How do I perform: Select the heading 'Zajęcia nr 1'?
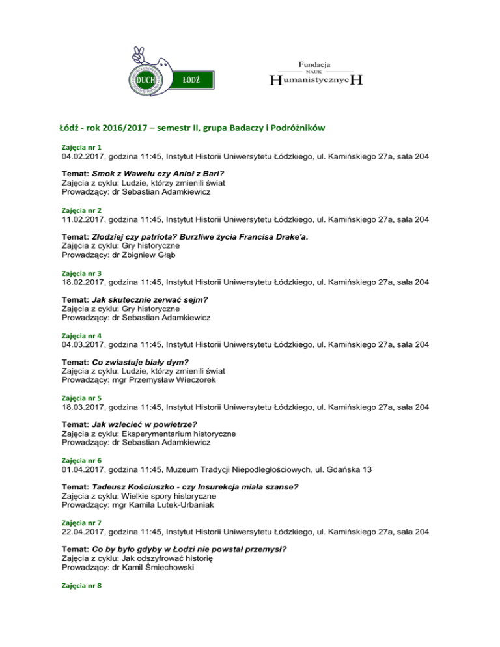pos(81,148)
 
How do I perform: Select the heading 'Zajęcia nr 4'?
pos(81,335)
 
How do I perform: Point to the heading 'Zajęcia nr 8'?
pos(81,585)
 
